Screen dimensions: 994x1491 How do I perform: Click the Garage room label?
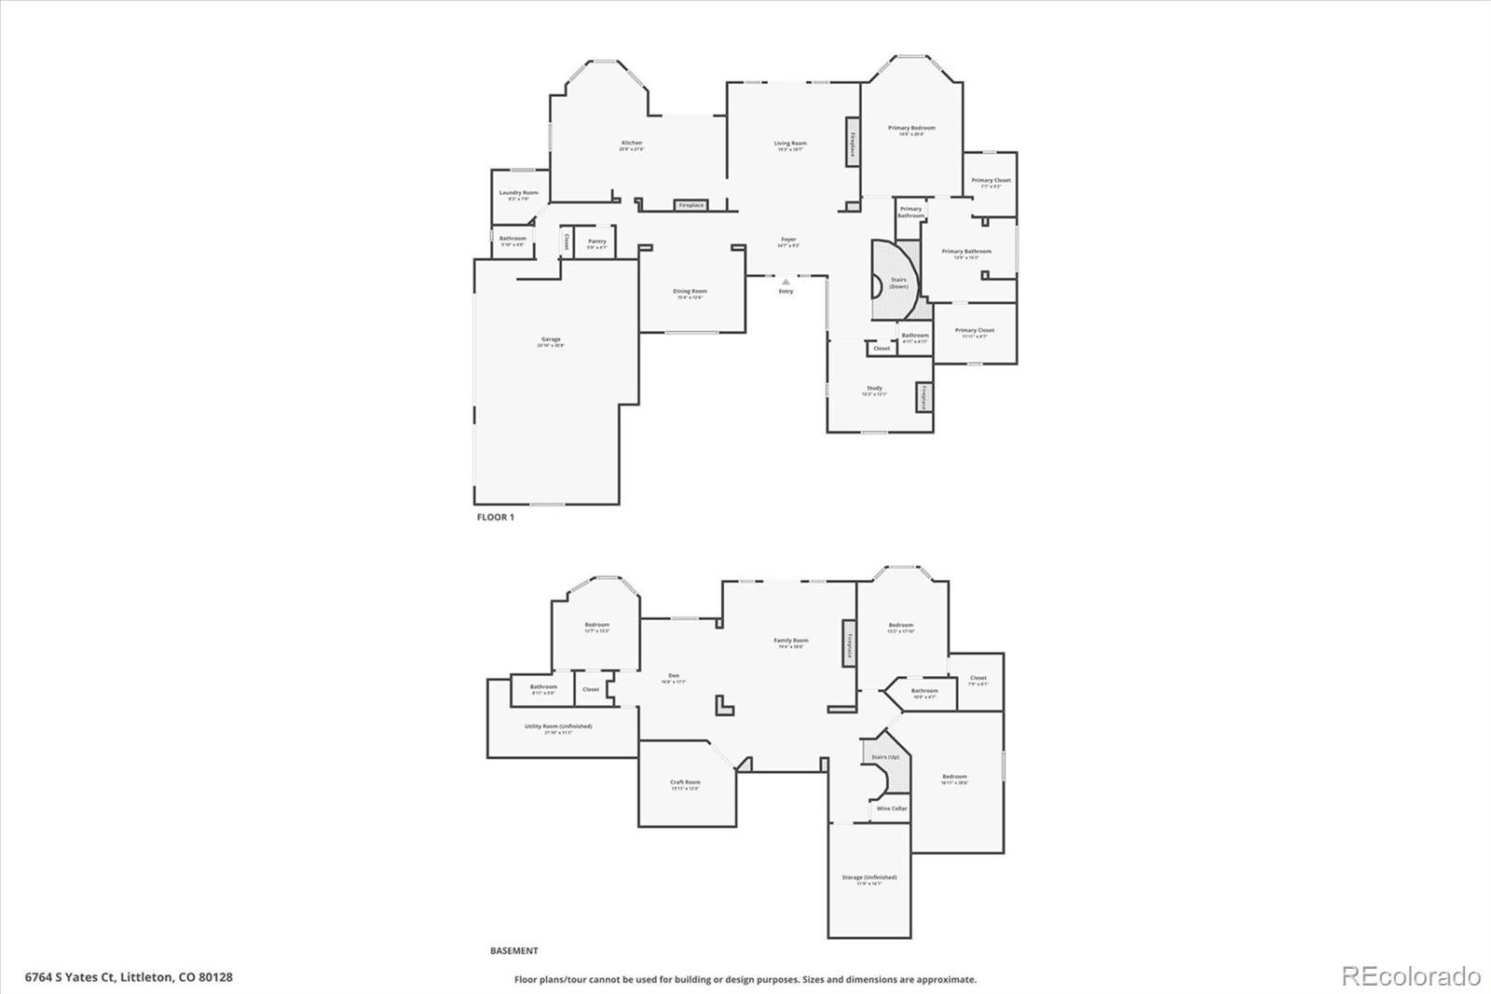point(551,340)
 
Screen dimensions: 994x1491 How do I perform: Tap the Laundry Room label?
point(518,193)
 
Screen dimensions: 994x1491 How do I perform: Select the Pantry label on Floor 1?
point(597,242)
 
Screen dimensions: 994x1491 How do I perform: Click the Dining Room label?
point(690,292)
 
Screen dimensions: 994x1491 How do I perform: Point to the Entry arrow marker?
point(786,281)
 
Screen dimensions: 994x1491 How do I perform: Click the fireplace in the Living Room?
point(852,143)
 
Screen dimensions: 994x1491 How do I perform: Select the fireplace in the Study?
point(924,398)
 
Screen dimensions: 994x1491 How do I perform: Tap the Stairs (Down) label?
point(898,283)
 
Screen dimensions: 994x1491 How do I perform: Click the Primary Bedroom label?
point(911,129)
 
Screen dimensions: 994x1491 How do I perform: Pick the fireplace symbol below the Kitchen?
point(691,205)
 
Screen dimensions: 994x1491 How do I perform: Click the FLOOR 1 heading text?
point(495,517)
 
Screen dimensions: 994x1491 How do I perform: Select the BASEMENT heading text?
point(513,951)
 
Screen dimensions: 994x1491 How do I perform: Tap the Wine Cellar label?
point(892,808)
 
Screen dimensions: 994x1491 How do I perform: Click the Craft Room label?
point(685,783)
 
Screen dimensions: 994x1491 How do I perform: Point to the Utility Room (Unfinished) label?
point(558,726)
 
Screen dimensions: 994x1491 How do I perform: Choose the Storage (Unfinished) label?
point(869,878)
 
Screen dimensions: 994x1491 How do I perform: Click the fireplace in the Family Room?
point(849,643)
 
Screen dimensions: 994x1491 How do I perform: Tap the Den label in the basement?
point(674,676)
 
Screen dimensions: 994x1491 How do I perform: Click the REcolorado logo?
point(1410,975)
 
